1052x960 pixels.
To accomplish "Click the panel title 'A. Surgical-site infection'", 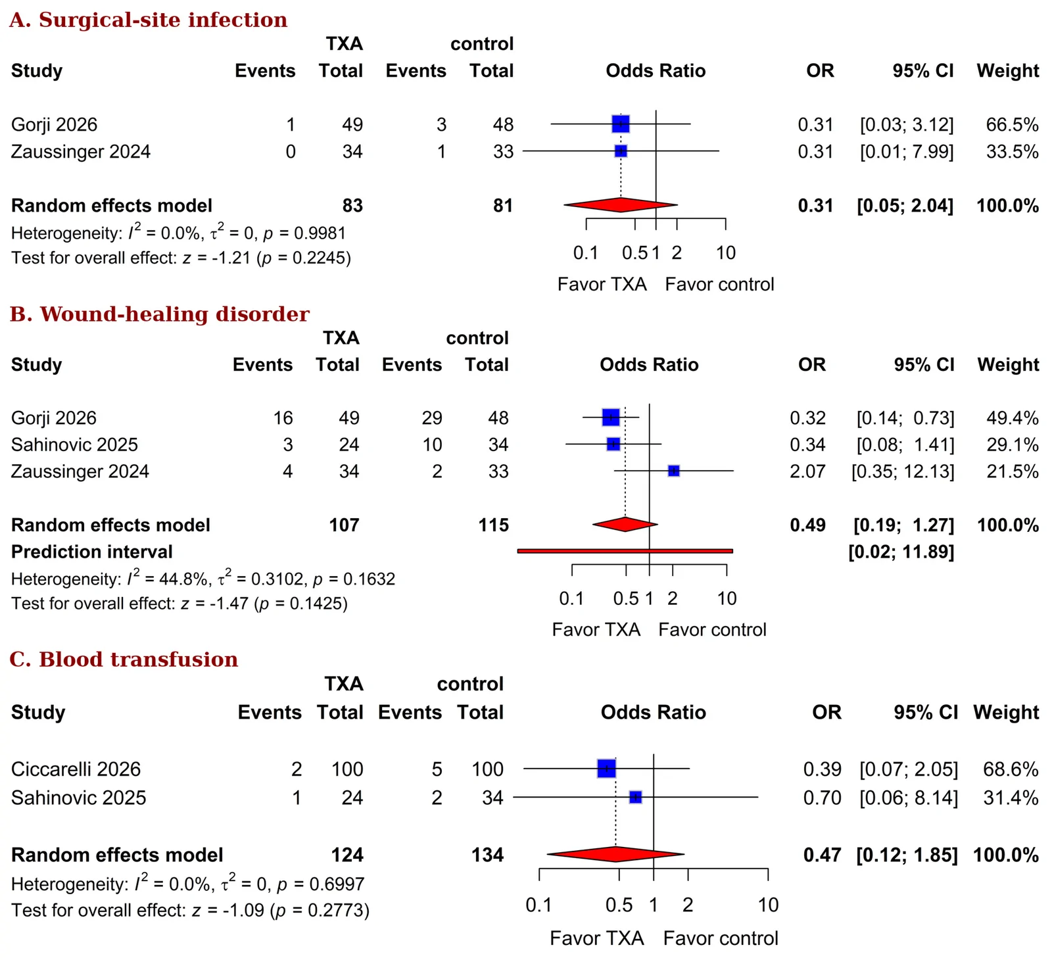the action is (149, 20).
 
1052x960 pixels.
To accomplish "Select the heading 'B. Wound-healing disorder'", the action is (160, 314).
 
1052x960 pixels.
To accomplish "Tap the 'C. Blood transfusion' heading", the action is (124, 659).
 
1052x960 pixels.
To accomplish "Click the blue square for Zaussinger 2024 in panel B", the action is (673, 471).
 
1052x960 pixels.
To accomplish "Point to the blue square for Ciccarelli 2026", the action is (606, 768).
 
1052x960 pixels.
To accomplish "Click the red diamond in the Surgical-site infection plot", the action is (620, 205).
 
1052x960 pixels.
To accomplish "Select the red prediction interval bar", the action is (625, 551).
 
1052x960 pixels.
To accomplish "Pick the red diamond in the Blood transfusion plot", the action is (615, 854).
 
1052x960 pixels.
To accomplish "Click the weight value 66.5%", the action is (1013, 124).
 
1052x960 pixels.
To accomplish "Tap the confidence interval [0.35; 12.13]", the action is (903, 471).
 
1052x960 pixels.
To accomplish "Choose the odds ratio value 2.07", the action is (807, 471).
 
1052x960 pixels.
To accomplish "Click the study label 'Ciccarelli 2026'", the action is (76, 769).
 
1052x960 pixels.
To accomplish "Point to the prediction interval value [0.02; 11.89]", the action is (901, 552).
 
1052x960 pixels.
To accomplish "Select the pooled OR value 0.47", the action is (823, 855).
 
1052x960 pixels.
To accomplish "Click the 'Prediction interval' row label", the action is (92, 552).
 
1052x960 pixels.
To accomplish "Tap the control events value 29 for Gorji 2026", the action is (432, 418).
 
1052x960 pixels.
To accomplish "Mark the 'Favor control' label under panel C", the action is (721, 938).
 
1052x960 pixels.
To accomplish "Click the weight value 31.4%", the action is (1011, 798).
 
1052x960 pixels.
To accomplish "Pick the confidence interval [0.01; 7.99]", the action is (907, 152).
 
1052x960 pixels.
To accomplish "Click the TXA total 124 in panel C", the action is (347, 855).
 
